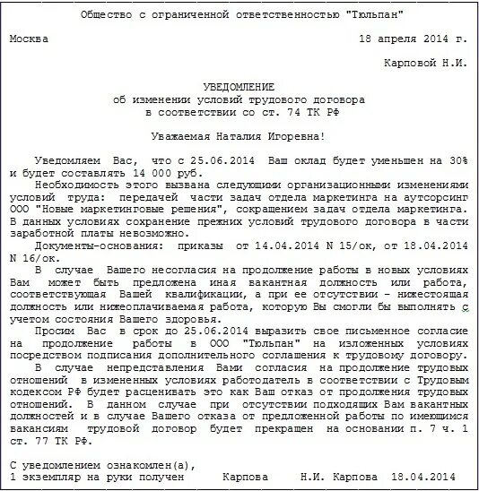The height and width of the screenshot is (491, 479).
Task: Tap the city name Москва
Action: pyautogui.click(x=30, y=39)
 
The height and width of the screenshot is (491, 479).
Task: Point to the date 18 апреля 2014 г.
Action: pyautogui.click(x=413, y=39)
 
